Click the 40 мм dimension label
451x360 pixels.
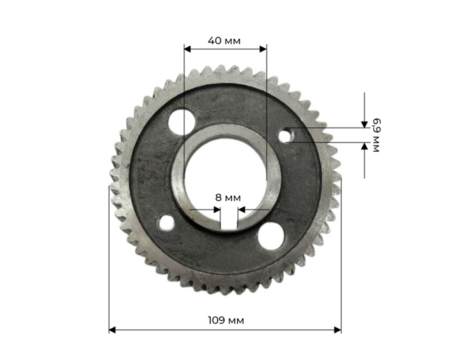pos(224,41)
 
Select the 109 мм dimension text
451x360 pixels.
pos(225,320)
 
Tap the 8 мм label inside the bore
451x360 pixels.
pos(228,197)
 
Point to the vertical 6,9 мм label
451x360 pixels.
pos(376,135)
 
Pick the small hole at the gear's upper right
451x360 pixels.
pos(286,135)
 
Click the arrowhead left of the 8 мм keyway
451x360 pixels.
pos(217,210)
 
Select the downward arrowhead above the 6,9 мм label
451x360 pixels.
pos(364,124)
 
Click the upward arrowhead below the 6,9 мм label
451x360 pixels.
pos(364,146)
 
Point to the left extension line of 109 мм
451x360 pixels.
pos(109,257)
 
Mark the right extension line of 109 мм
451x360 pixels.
pos(341,257)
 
